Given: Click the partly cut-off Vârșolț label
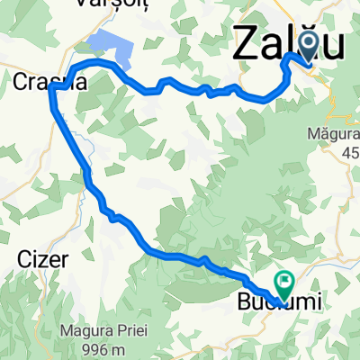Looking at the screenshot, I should (x=113, y=4).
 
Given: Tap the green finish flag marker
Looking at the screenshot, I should (x=285, y=283).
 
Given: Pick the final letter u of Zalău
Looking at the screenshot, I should (x=333, y=45).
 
